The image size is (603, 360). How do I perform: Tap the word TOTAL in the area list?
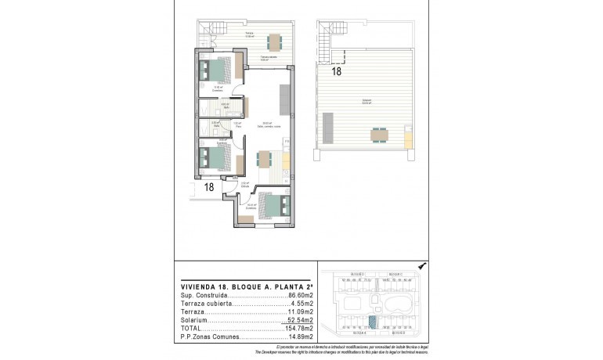tap(191, 328)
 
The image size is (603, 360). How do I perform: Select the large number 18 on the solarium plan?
tap(336, 71)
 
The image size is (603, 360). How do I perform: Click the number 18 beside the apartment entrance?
tap(209, 187)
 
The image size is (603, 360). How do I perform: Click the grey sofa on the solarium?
tap(327, 126)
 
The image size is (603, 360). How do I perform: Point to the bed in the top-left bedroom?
tap(215, 71)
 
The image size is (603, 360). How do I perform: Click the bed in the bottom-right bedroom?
tap(271, 207)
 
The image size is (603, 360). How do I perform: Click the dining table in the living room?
tap(264, 160)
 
